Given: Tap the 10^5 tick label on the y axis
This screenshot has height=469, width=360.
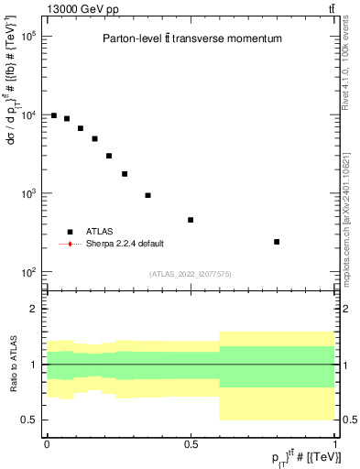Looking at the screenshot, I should (27, 37).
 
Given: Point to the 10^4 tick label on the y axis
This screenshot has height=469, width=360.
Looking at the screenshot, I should (27, 115).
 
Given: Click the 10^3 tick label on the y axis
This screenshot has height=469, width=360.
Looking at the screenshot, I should (27, 194).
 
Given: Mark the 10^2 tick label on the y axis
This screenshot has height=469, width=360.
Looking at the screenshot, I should (27, 273).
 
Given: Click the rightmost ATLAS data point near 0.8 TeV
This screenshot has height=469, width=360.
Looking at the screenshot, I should (277, 242).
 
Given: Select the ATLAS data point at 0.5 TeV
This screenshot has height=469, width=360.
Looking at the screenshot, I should (191, 220).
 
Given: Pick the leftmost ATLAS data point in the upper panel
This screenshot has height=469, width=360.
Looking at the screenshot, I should (54, 115).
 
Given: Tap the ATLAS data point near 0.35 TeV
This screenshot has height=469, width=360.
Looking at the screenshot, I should (147, 195).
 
